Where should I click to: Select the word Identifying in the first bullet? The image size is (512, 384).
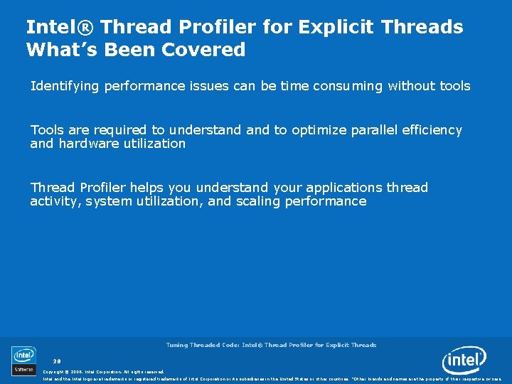(65, 86)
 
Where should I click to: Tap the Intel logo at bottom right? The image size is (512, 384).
(464, 361)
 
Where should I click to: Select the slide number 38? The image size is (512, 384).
(57, 361)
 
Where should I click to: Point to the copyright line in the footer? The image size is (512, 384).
(103, 371)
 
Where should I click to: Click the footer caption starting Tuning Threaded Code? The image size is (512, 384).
(271, 345)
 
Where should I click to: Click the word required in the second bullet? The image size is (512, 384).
(119, 130)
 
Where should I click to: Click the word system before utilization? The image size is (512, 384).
(107, 201)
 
